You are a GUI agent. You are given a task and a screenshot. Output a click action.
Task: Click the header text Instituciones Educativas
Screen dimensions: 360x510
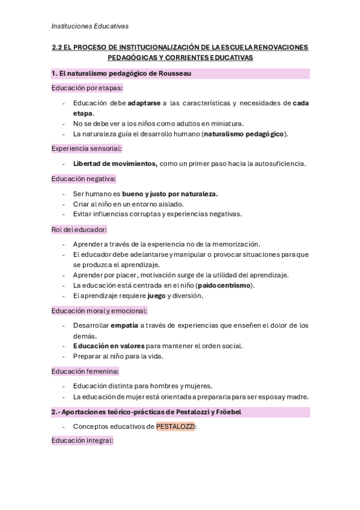90,26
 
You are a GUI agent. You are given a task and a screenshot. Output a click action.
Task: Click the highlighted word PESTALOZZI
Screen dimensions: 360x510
175,426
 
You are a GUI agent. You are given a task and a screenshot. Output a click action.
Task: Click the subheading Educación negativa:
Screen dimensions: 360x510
84,179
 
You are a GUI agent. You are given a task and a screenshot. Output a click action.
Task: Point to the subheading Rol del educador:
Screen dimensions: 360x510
79,229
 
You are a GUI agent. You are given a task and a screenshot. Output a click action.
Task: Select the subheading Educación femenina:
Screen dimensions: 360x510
85,370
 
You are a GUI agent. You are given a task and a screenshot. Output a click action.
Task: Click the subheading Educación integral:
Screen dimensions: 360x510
82,441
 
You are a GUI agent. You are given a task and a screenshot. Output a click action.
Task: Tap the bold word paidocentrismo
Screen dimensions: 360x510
223,285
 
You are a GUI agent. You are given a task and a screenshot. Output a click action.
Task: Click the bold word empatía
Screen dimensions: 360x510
124,325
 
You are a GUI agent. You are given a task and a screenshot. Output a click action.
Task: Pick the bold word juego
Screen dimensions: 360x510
156,295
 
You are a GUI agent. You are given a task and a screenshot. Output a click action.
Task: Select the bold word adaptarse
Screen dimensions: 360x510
144,103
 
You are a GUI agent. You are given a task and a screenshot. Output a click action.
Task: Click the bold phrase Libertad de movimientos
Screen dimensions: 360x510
115,163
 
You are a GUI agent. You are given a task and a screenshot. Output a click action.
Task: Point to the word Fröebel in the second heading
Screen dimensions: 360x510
229,412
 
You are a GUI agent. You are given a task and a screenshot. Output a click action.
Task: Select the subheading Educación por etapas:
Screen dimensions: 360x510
87,88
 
